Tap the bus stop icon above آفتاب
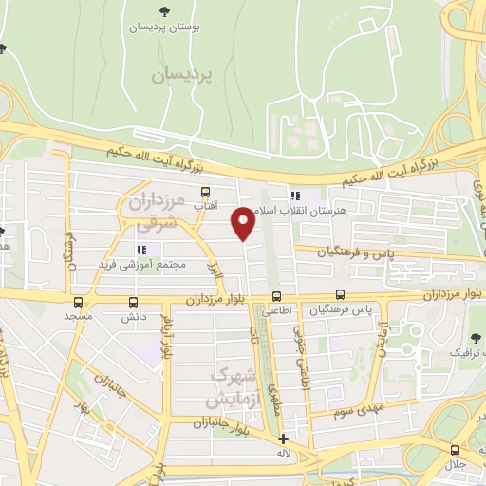tap(205, 192)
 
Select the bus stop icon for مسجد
tap(78, 302)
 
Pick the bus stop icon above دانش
tap(133, 302)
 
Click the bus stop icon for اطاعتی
tap(276, 296)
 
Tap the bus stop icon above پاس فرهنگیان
tap(341, 296)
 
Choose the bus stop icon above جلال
tap(457, 450)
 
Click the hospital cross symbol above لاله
tap(283, 439)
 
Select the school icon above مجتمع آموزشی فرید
tap(141, 250)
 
